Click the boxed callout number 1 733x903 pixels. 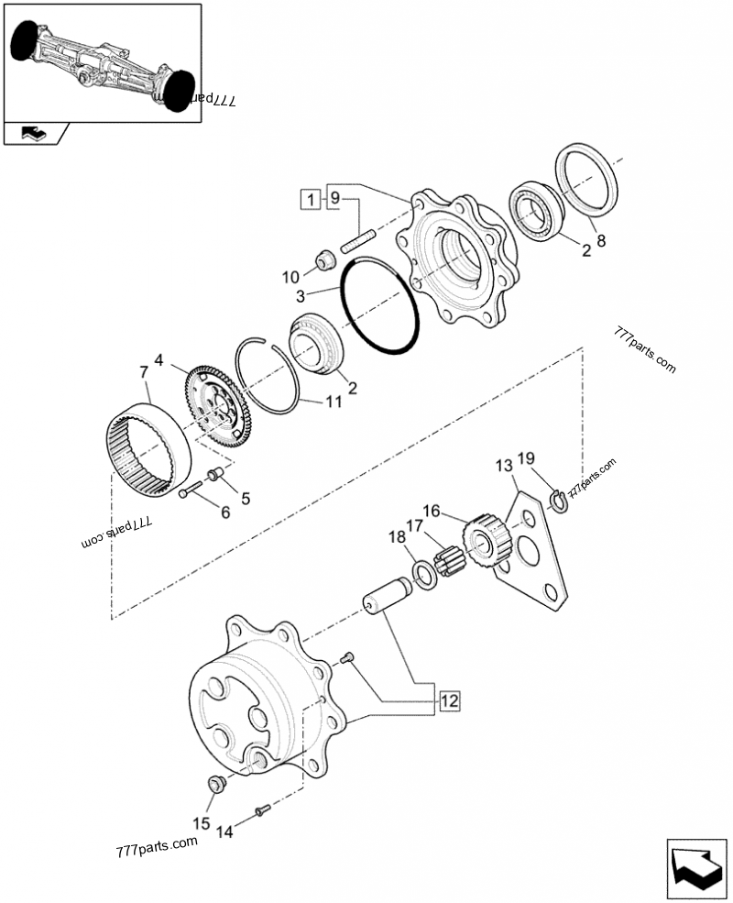coord(312,198)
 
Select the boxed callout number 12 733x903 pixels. coord(448,701)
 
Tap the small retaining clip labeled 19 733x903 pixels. coord(559,501)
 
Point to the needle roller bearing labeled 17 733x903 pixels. coord(451,558)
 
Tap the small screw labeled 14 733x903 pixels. coord(262,809)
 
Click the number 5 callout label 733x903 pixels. coord(245,499)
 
